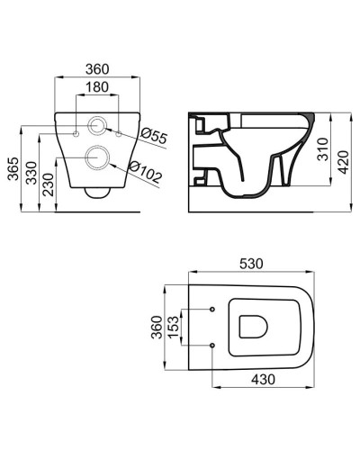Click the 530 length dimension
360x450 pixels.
pos(251,263)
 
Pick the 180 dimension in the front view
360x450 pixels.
pos(98,87)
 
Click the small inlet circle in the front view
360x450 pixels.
pos(98,125)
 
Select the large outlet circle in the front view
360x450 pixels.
pos(98,159)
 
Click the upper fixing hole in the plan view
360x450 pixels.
pos(211,310)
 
